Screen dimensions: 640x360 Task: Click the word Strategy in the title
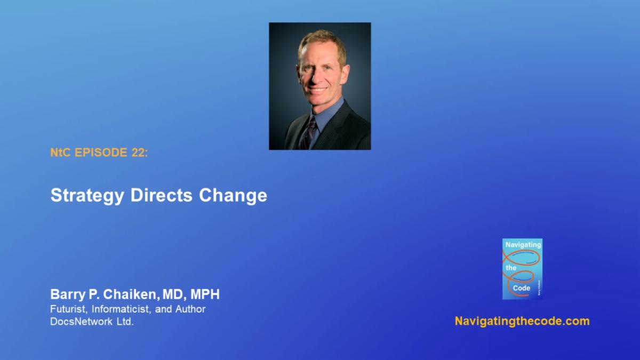click(x=87, y=196)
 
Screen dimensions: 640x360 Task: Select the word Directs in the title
click(x=162, y=195)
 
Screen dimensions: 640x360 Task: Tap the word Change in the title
click(x=233, y=196)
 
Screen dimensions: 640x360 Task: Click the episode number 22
click(x=140, y=153)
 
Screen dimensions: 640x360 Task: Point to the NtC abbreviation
click(x=60, y=153)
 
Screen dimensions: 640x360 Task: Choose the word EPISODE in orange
click(x=101, y=153)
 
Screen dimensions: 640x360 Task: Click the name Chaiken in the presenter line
click(x=131, y=294)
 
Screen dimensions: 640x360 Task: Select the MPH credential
click(x=205, y=294)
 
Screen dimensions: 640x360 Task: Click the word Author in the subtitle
click(x=190, y=309)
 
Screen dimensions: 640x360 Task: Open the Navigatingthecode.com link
click(x=522, y=321)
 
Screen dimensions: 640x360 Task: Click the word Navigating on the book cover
click(x=523, y=245)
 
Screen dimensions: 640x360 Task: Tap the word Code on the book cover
click(x=522, y=288)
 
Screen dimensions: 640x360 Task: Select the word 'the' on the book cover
click(x=511, y=268)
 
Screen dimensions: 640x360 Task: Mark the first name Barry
click(x=68, y=294)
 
